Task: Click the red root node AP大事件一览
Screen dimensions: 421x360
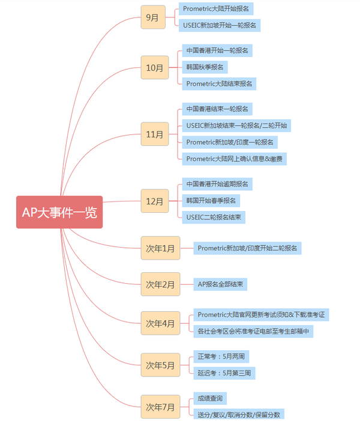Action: (59, 212)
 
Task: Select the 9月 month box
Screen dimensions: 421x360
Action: (152, 17)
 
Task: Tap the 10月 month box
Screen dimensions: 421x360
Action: (155, 68)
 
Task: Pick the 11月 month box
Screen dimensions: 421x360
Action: (155, 134)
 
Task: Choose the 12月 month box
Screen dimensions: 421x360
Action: (155, 201)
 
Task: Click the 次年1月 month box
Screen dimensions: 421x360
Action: (160, 248)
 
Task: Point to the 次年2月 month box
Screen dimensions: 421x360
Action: (160, 284)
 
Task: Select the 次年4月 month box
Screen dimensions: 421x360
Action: (160, 323)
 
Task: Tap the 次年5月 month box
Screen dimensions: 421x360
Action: (160, 365)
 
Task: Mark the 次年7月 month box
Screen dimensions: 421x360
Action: (160, 407)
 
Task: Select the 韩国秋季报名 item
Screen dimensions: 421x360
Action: (205, 67)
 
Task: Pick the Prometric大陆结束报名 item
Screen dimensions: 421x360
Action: (219, 83)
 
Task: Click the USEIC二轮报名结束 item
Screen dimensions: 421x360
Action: (214, 217)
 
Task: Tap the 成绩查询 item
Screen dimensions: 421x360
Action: (210, 398)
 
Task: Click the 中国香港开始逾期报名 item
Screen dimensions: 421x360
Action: (217, 184)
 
